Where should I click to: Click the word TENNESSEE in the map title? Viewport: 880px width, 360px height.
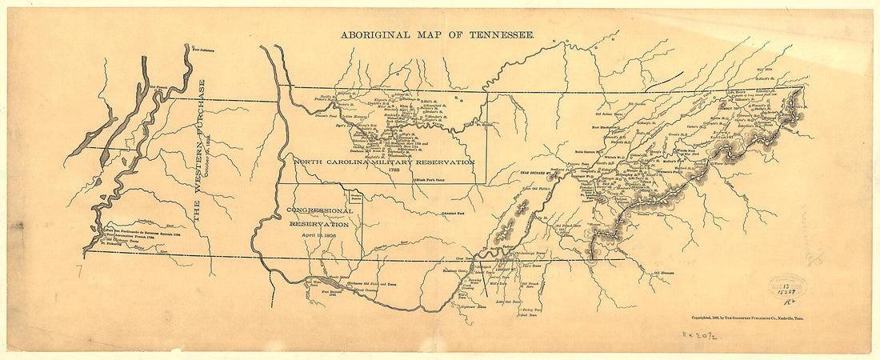(501, 36)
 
